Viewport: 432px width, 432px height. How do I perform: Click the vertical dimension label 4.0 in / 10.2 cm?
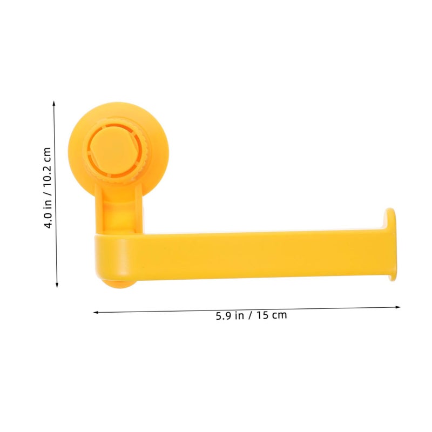point(48,188)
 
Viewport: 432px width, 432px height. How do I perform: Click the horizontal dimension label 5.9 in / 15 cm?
point(251,315)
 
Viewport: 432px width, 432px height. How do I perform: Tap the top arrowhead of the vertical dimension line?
point(54,103)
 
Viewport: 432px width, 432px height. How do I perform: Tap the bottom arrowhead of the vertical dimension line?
point(57,285)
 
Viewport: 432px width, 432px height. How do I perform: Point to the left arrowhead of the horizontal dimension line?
point(96,313)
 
